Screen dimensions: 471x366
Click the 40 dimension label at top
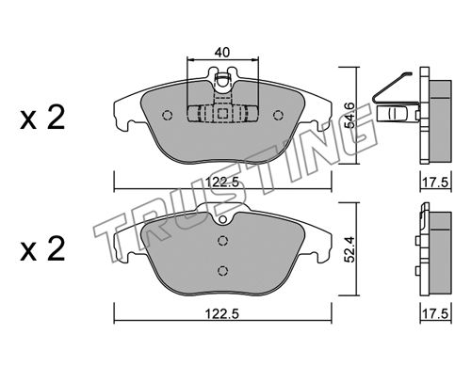(222, 52)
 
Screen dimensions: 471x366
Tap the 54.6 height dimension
(349, 115)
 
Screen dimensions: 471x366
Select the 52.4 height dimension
(349, 249)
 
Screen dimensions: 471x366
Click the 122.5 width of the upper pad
(222, 182)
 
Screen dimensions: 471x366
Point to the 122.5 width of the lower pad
(222, 313)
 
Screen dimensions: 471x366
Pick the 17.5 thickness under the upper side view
(435, 183)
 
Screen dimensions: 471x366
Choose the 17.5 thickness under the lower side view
(435, 314)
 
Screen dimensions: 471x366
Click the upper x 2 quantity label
(42, 118)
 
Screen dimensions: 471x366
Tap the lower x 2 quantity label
(42, 249)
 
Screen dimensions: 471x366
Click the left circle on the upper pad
(168, 116)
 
